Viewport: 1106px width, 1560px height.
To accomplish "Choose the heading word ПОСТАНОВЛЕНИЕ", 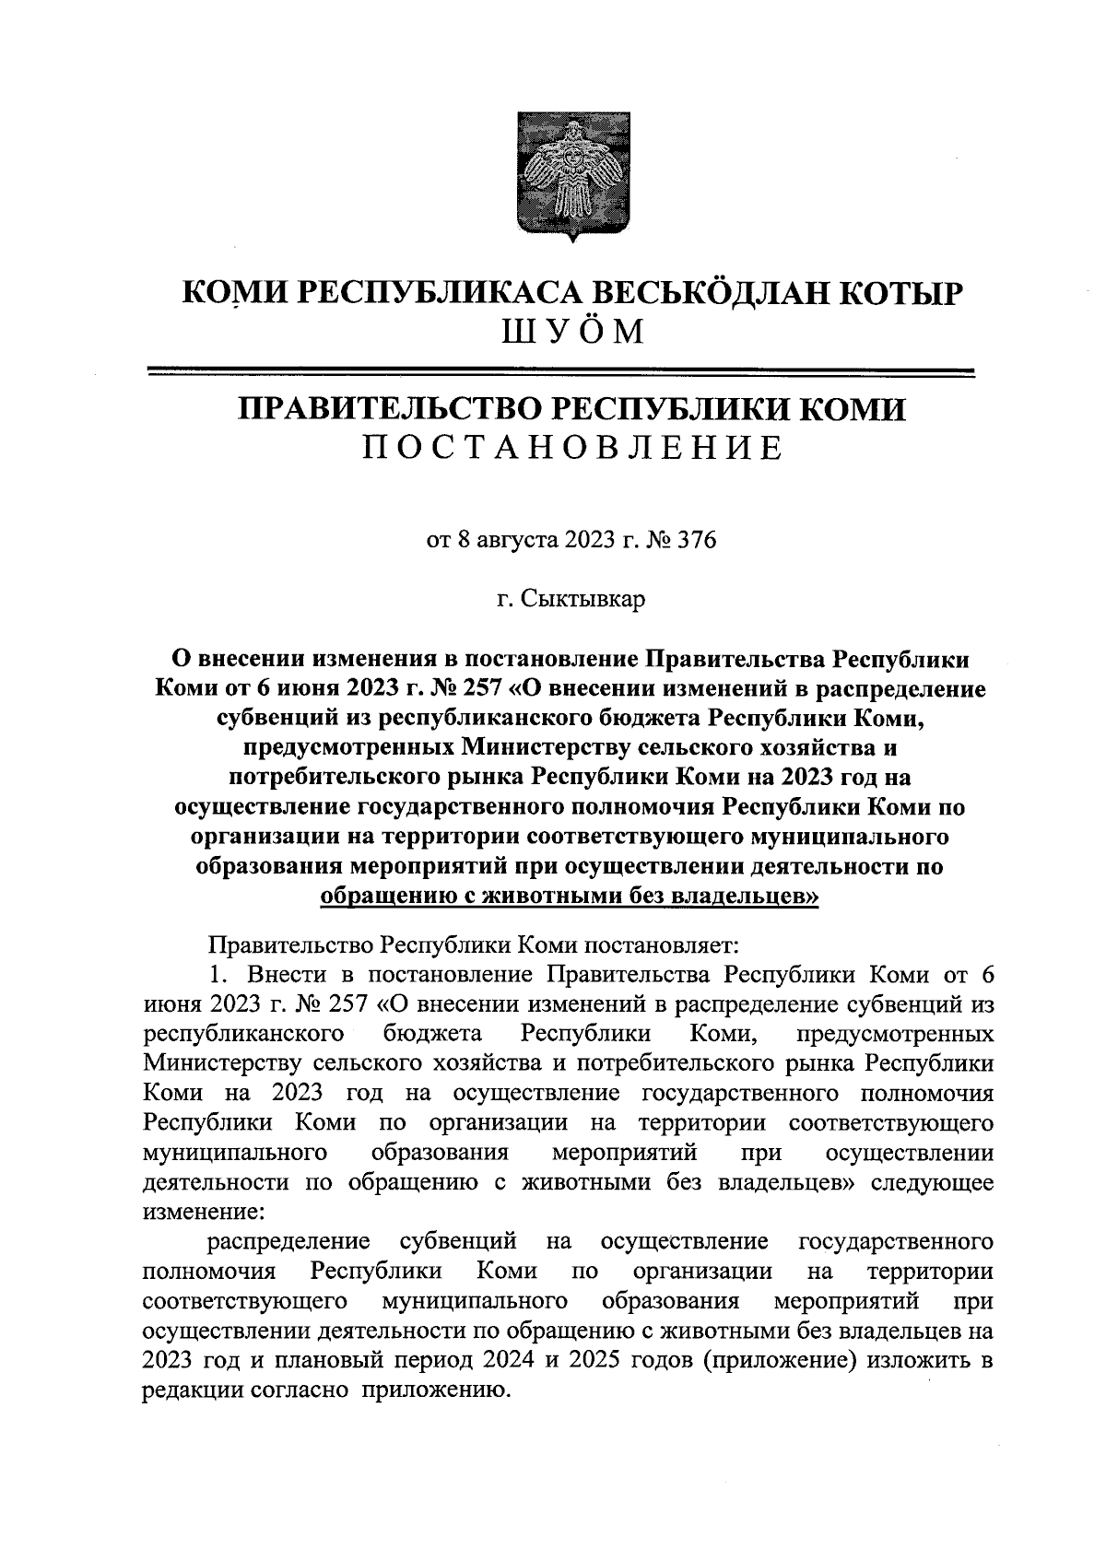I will (571, 448).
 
